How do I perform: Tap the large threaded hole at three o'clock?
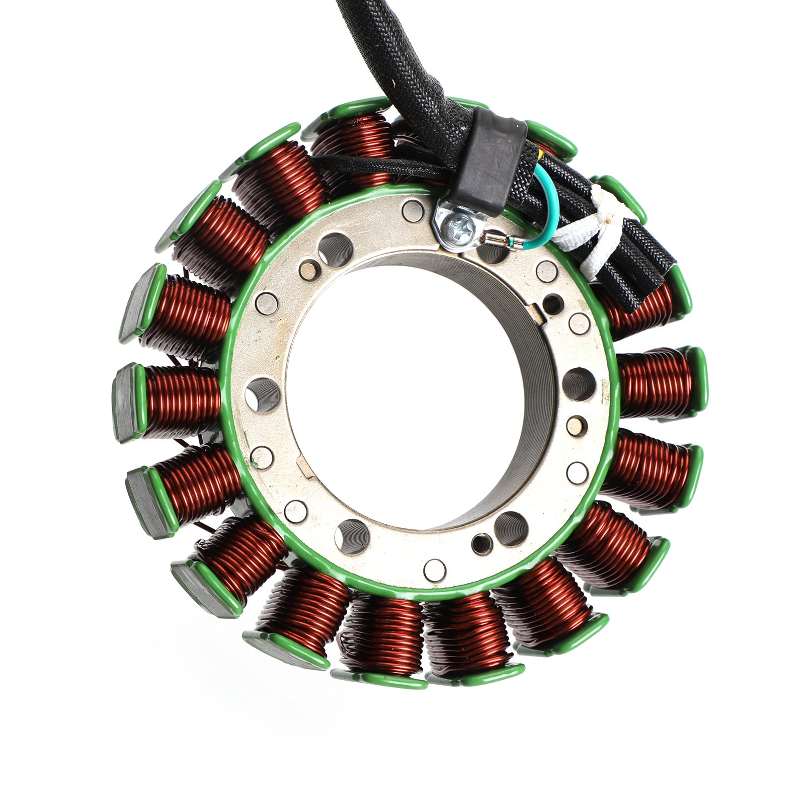click(579, 384)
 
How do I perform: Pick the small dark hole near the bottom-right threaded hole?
click(480, 542)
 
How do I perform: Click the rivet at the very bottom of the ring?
click(435, 569)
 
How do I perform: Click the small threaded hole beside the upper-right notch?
click(553, 303)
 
